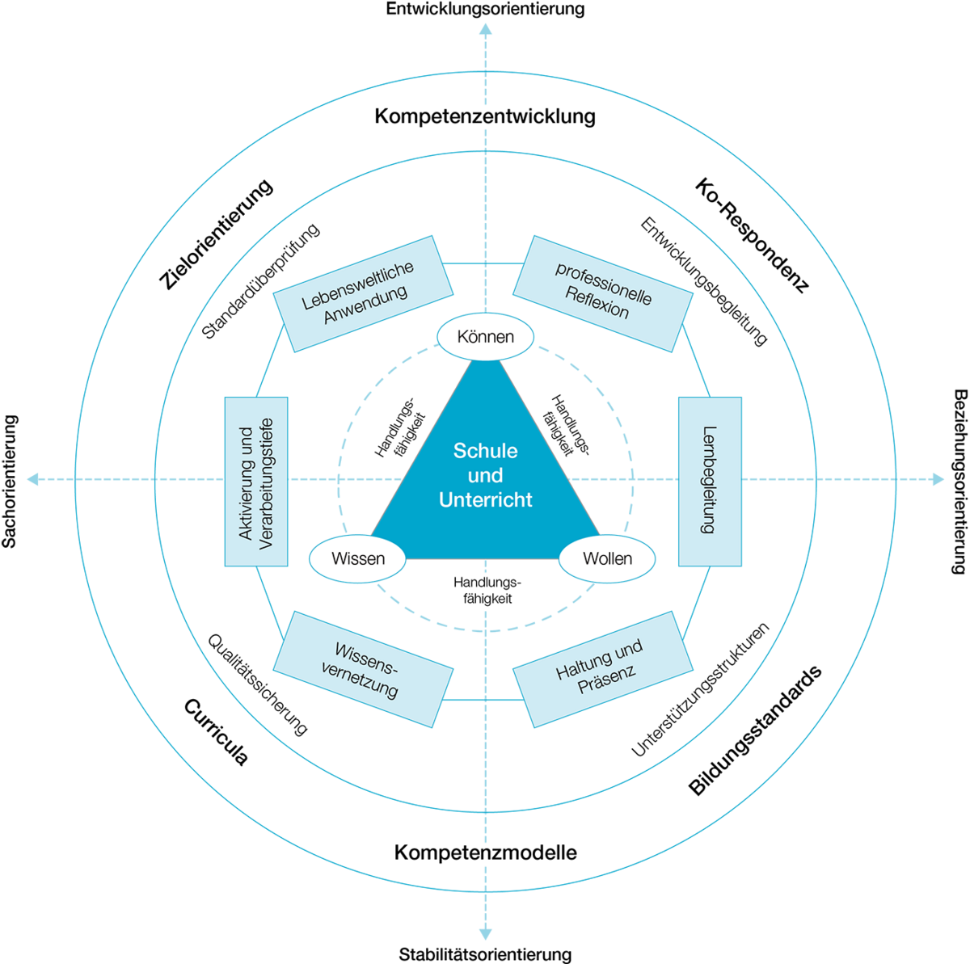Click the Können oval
point(485,336)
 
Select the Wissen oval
point(357,558)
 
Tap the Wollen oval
point(607,558)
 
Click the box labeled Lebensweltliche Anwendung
point(362,293)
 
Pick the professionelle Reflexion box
point(603,293)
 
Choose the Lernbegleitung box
point(710,481)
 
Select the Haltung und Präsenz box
point(603,669)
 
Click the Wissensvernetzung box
point(363,669)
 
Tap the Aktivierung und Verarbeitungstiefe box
point(255,481)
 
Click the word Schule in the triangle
point(485,451)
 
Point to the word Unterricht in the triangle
point(485,500)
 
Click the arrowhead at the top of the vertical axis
point(485,31)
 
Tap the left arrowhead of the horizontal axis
point(33,480)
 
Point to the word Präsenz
point(608,680)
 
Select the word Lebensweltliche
point(357,284)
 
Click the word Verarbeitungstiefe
point(267,483)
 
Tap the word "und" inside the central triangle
point(485,475)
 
